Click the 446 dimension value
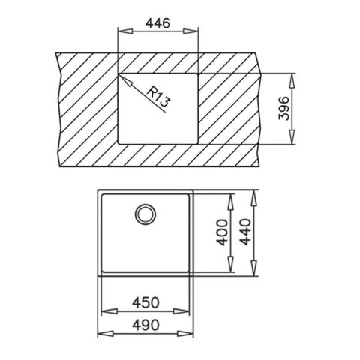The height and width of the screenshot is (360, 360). pos(157,23)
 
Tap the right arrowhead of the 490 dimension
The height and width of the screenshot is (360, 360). pos(193,335)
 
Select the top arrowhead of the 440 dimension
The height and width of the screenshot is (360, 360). pos(255,190)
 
